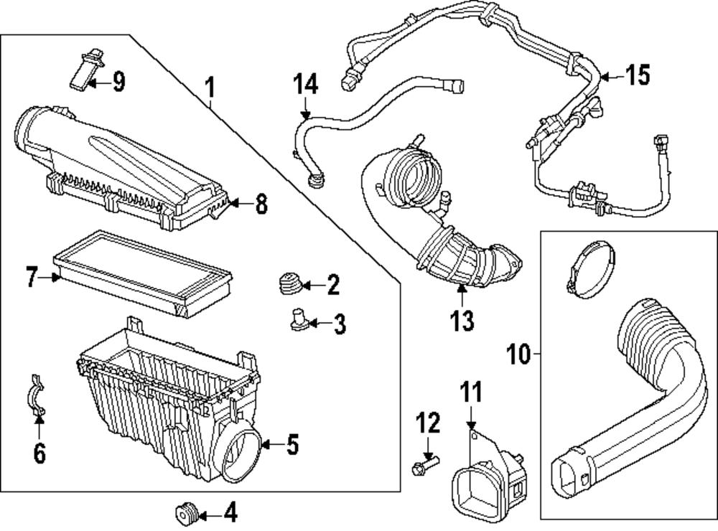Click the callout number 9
(118, 82)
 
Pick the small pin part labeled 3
(298, 319)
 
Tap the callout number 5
(292, 445)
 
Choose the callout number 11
(471, 393)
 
